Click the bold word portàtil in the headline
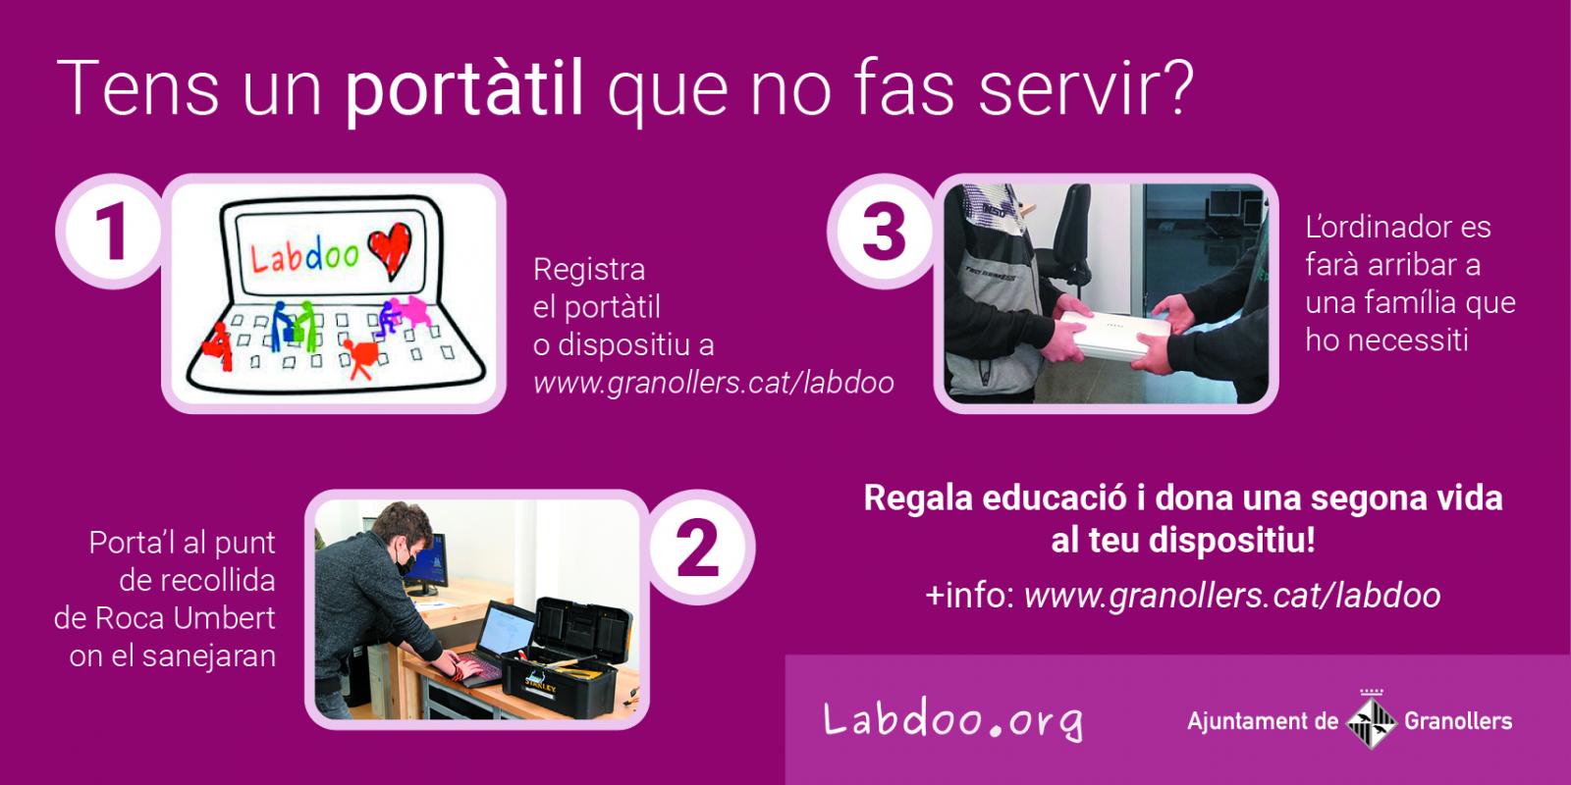pyautogui.click(x=463, y=89)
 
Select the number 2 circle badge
pyautogui.click(x=697, y=547)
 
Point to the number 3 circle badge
pyautogui.click(x=884, y=232)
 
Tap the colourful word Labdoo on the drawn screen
pyautogui.click(x=304, y=256)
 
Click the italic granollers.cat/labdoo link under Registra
pyautogui.click(x=713, y=384)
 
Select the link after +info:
pyautogui.click(x=1232, y=596)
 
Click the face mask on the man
pyautogui.click(x=405, y=562)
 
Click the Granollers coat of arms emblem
pyautogui.click(x=1371, y=720)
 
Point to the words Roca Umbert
pyautogui.click(x=186, y=618)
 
